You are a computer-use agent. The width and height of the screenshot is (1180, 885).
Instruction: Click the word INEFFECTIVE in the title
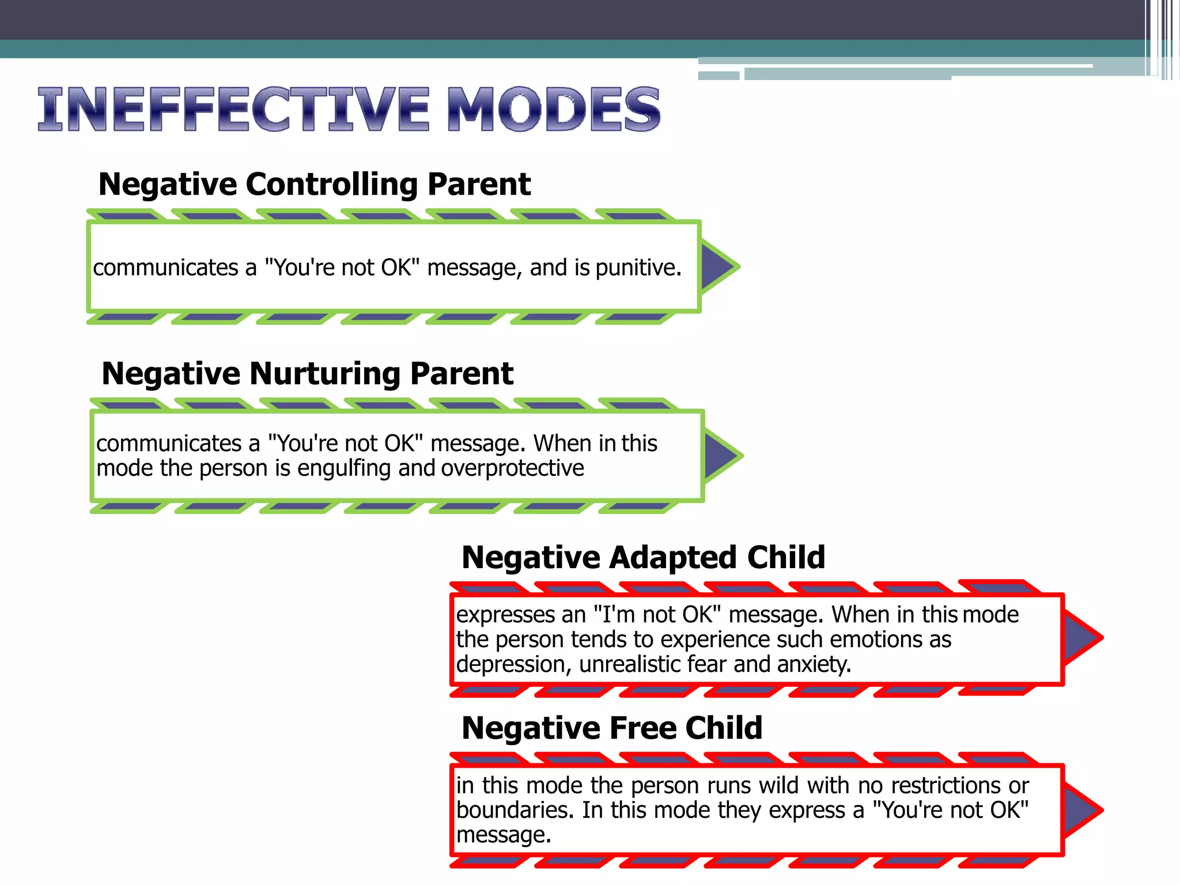tap(233, 109)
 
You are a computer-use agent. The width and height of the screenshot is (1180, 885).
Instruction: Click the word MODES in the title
tap(553, 109)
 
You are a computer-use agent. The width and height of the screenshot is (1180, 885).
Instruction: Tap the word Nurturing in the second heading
tap(326, 373)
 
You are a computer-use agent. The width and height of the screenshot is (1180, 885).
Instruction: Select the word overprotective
tap(512, 468)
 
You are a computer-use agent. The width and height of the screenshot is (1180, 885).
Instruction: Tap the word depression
tap(513, 665)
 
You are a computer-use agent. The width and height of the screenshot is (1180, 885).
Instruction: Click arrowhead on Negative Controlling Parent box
tap(718, 267)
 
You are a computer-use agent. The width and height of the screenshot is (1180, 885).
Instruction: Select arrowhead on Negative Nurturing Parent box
tap(722, 456)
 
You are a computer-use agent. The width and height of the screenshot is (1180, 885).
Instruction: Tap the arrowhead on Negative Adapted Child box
tap(1081, 638)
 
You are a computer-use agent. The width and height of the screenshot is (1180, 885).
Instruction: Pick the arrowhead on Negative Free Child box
tap(1081, 810)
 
